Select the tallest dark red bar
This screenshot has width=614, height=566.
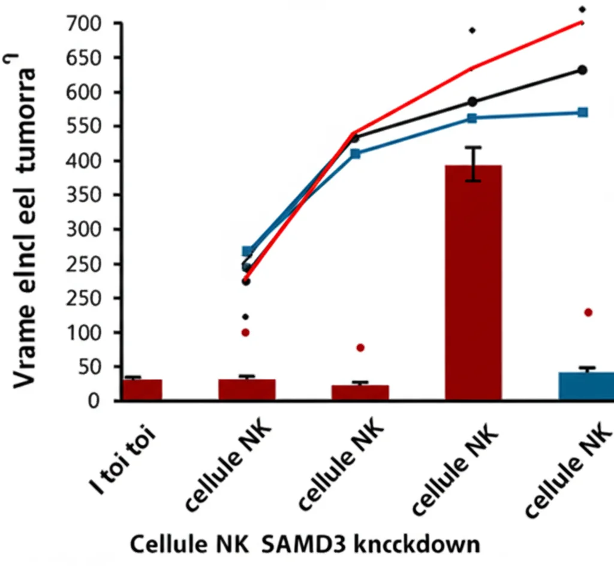click(473, 282)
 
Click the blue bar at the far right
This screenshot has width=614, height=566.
click(586, 385)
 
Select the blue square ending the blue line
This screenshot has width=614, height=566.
click(582, 112)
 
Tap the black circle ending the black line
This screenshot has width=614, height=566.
click(582, 70)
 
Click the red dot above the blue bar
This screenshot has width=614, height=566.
click(588, 312)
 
